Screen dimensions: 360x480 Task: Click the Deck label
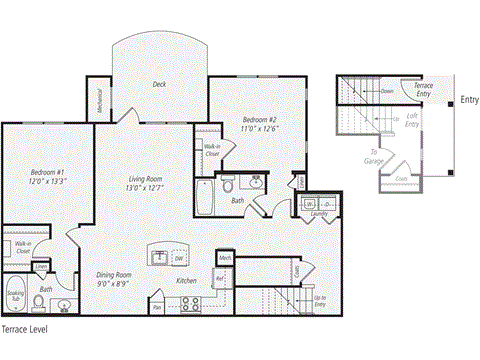click(x=159, y=85)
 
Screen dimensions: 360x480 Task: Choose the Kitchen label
click(x=186, y=282)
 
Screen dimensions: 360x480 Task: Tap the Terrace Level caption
click(x=24, y=328)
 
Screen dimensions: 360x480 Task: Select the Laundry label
click(x=319, y=213)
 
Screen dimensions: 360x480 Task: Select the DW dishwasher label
click(x=178, y=257)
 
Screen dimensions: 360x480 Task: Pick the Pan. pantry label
click(x=157, y=308)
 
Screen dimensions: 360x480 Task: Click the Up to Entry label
click(x=319, y=301)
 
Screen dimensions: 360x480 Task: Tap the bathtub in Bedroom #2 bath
click(x=206, y=197)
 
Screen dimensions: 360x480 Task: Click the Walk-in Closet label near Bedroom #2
click(x=212, y=149)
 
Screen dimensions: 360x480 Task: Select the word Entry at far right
click(x=469, y=99)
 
